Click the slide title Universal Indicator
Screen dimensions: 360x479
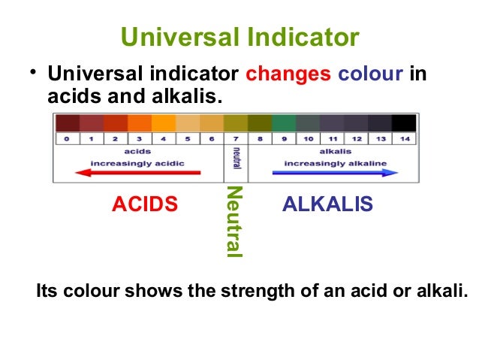tap(239, 37)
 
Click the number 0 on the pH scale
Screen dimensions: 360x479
tap(67, 139)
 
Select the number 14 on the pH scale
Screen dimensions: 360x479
tap(404, 139)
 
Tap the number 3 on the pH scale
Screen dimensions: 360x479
tap(139, 139)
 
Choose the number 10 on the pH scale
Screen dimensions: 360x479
tap(308, 139)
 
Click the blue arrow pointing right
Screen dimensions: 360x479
tap(335, 172)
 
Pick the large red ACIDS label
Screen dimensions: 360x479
tap(145, 204)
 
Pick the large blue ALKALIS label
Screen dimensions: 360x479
tap(327, 204)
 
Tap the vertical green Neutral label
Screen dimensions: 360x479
tap(234, 222)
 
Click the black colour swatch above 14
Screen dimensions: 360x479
tap(404, 123)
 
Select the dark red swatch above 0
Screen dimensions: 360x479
tap(67, 123)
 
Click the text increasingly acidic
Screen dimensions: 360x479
tap(137, 162)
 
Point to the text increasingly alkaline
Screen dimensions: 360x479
tap(334, 162)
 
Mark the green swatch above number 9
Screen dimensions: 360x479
tap(284, 123)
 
